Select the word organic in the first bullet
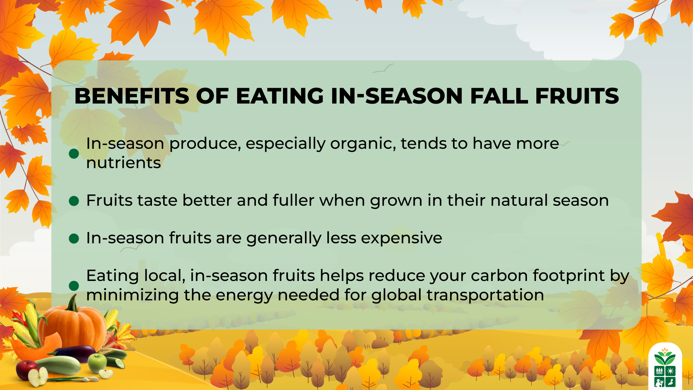point(363,144)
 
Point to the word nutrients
point(123,163)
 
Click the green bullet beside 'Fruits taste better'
point(74,201)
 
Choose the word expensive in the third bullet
point(401,238)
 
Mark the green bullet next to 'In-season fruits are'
point(74,239)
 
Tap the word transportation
point(485,295)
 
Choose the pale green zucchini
point(60,365)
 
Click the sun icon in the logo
point(671,371)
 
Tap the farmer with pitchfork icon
point(659,382)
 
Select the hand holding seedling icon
point(671,382)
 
